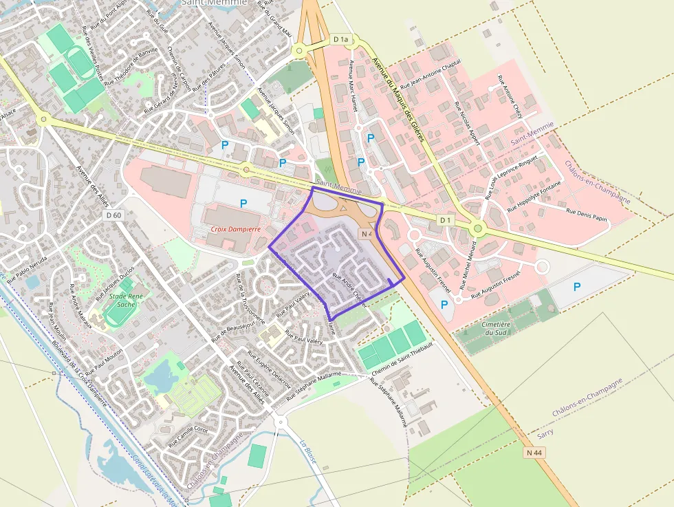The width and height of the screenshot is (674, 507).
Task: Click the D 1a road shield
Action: point(340,40)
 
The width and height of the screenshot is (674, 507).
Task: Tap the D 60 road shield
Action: point(114,215)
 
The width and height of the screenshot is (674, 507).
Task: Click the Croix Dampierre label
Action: point(235,228)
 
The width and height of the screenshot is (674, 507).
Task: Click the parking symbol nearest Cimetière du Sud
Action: point(444,303)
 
